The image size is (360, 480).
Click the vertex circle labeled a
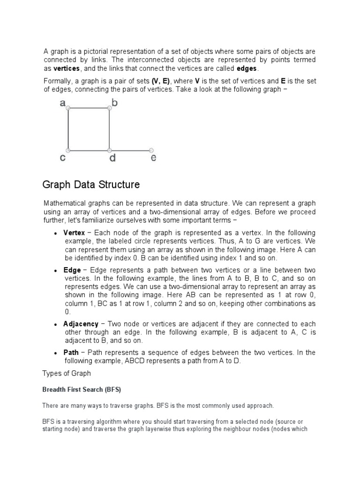pyautogui.click(x=68, y=108)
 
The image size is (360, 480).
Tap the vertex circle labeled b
pyautogui.click(x=109, y=108)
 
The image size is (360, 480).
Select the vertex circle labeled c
pyautogui.click(x=68, y=150)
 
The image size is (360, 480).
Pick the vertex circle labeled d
pyautogui.click(x=109, y=150)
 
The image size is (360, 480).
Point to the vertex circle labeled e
pyautogui.click(x=151, y=150)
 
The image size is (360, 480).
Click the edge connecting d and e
pyautogui.click(x=130, y=150)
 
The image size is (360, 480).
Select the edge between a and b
pyautogui.click(x=89, y=108)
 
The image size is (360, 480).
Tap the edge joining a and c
pyautogui.click(x=68, y=129)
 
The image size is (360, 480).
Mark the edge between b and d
pyautogui.click(x=109, y=129)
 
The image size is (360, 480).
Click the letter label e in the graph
pyautogui.click(x=153, y=158)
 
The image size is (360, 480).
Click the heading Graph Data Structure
pyautogui.click(x=91, y=185)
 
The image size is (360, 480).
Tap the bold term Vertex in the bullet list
pyautogui.click(x=74, y=233)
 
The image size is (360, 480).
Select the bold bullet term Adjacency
pyautogui.click(x=81, y=324)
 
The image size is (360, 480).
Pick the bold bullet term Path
pyautogui.click(x=71, y=352)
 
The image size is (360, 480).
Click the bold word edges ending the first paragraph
pyautogui.click(x=247, y=69)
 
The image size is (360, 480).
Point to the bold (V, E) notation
pyautogui.click(x=161, y=81)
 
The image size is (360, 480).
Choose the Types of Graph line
pyautogui.click(x=67, y=373)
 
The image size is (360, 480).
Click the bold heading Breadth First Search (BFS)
pyautogui.click(x=82, y=390)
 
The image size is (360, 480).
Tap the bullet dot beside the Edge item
pyautogui.click(x=56, y=271)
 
